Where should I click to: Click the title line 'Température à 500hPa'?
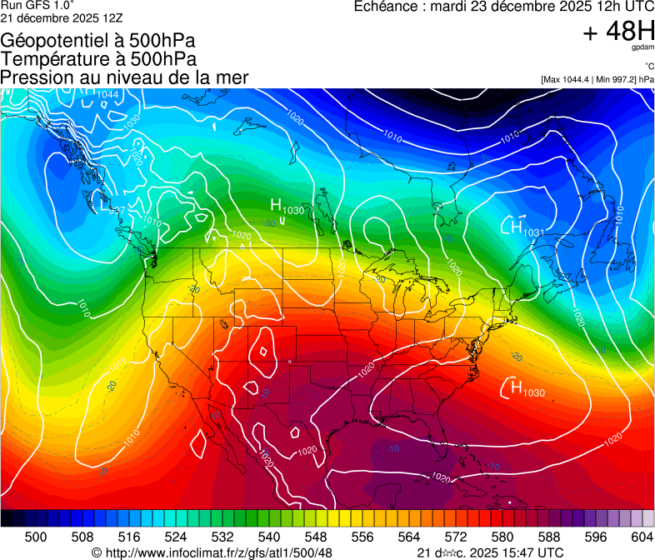(98, 58)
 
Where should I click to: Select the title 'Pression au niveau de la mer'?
(124, 77)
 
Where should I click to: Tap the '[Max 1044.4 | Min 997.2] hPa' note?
(597, 79)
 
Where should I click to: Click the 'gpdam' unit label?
(642, 48)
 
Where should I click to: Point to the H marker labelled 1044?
(91, 94)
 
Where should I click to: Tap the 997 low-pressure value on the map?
(117, 210)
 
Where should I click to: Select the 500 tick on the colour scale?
(36, 537)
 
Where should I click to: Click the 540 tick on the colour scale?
(269, 537)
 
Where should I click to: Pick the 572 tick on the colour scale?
(456, 537)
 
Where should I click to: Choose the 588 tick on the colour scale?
(549, 537)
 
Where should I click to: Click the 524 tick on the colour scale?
(176, 537)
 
